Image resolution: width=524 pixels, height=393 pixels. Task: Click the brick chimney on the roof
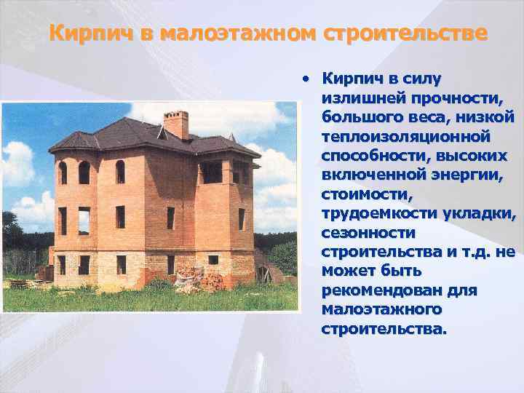coord(175,124)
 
